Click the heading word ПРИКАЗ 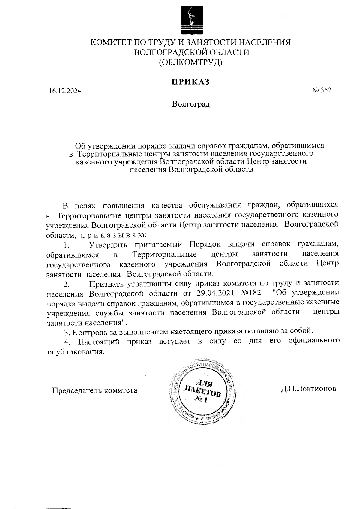[190, 82]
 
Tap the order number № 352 [322, 90]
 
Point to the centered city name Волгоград [191, 104]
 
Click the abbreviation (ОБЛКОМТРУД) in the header [191, 62]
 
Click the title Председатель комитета [95, 390]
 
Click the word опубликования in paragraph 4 [76, 351]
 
